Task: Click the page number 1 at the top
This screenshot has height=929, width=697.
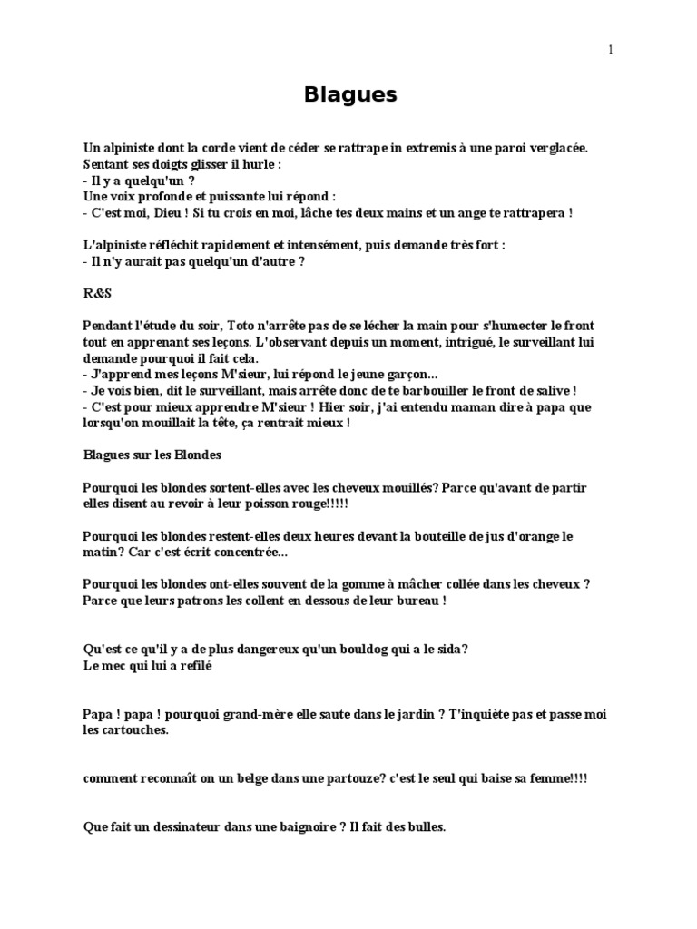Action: click(x=611, y=50)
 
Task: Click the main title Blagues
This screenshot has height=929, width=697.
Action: click(x=349, y=95)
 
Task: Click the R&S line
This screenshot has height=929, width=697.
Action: click(x=93, y=293)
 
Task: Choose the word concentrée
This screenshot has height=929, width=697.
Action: click(x=245, y=553)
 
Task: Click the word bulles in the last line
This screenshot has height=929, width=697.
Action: click(x=426, y=827)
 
